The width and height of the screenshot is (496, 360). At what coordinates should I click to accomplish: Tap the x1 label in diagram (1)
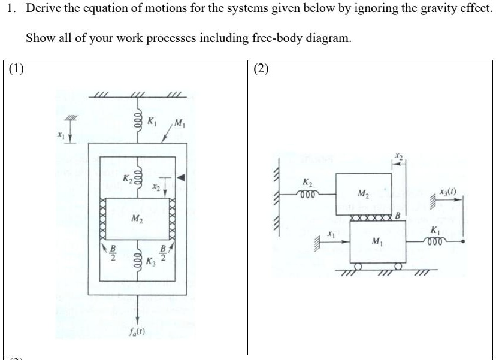(x=60, y=137)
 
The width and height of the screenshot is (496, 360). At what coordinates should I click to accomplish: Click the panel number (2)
(x=262, y=68)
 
